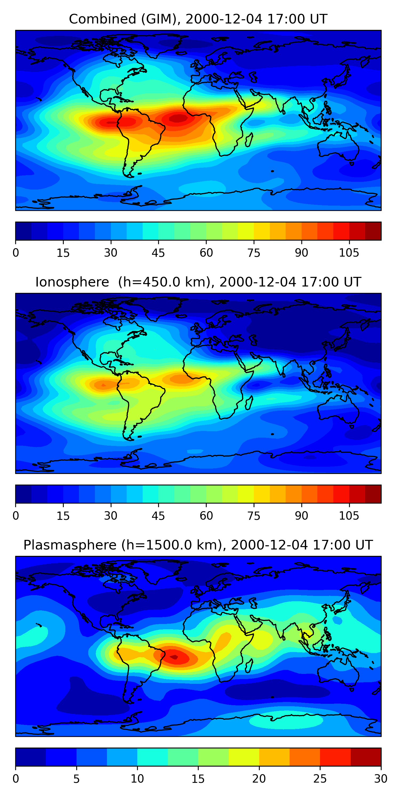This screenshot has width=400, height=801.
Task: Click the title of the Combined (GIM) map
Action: click(198, 19)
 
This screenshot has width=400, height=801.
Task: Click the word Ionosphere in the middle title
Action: click(72, 282)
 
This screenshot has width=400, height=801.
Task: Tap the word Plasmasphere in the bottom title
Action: click(70, 545)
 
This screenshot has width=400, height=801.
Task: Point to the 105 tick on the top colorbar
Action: click(349, 253)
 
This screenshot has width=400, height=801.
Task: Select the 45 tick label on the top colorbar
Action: click(158, 253)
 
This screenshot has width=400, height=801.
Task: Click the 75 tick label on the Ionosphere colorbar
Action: click(253, 516)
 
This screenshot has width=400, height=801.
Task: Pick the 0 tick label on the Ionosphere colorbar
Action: click(16, 516)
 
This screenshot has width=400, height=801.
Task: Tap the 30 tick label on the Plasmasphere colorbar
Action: click(381, 779)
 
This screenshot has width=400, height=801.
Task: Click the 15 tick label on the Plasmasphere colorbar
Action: click(198, 779)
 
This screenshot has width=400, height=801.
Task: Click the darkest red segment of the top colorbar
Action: click(373, 231)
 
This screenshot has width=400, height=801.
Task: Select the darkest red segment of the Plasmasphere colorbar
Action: click(366, 757)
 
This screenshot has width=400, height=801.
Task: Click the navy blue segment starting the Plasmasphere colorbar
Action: click(31, 757)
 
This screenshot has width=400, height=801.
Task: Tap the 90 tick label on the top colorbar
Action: click(301, 253)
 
